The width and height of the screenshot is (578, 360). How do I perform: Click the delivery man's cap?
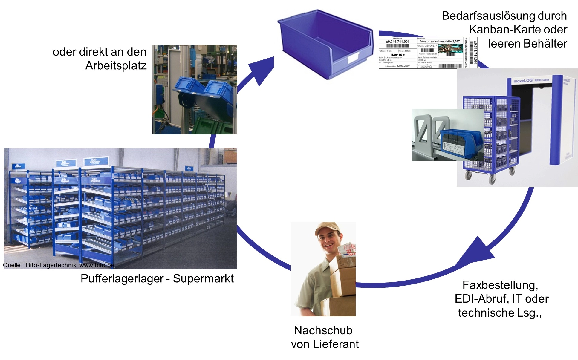point(327,228)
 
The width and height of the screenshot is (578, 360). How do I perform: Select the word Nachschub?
point(323,330)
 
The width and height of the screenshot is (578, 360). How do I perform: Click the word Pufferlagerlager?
point(122,278)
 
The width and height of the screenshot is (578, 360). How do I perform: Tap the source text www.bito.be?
point(97,265)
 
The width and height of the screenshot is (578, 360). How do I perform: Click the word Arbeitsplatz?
point(116,66)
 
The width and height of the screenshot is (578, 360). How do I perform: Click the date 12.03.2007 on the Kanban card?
point(403,66)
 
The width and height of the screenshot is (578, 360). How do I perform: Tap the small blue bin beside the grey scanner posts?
point(461,143)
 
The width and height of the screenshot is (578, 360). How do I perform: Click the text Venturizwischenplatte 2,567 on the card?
point(440,41)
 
